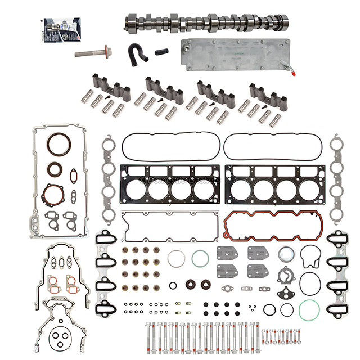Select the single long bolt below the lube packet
[x=93, y=54]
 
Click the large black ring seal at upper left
[x=58, y=145]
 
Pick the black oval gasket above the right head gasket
[x=273, y=147]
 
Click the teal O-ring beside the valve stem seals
[x=200, y=259]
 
